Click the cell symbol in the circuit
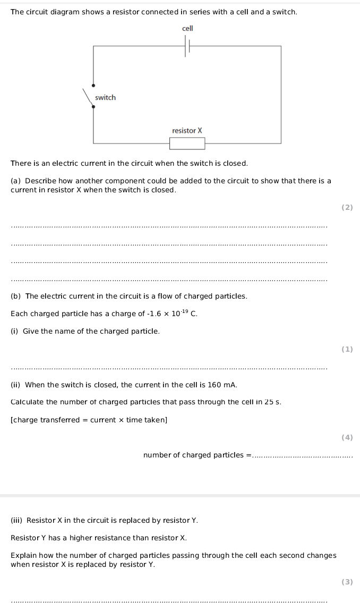tap(187, 47)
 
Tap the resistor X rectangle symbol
tap(187, 143)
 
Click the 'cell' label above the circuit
tap(187, 28)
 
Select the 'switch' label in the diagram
tap(105, 98)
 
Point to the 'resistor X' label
tap(187, 131)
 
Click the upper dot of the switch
tap(93, 85)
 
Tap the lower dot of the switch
tap(93, 107)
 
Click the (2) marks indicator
tap(347, 208)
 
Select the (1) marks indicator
tap(347, 350)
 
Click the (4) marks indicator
tap(347, 438)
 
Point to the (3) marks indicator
tap(347, 582)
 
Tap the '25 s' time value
tap(272, 402)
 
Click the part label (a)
tap(16, 181)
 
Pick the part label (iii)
tap(18, 520)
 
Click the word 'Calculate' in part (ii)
tap(27, 402)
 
